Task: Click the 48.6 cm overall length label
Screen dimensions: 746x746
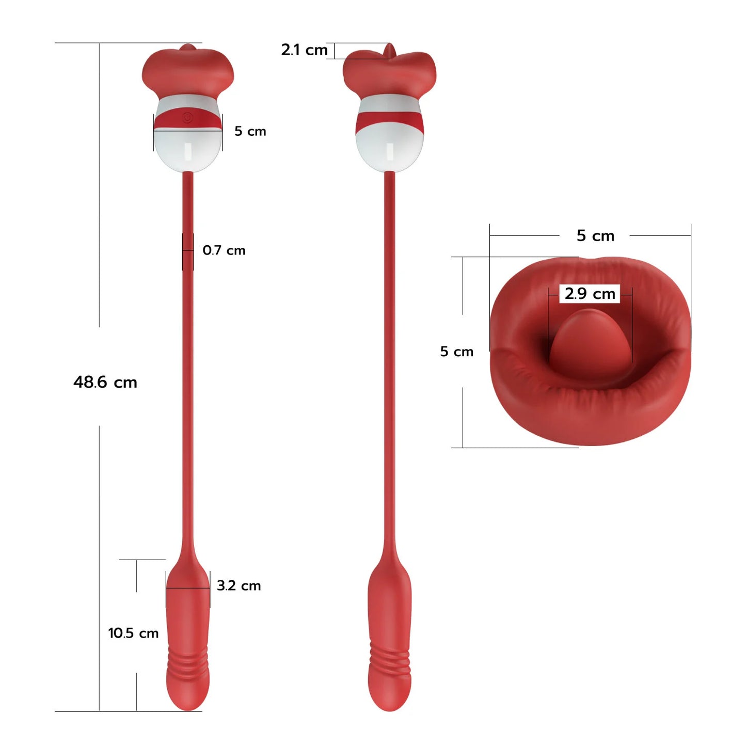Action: [105, 383]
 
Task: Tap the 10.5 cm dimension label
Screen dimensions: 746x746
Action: [133, 633]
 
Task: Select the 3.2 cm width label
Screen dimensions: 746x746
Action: [239, 585]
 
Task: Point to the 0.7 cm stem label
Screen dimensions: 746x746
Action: [224, 250]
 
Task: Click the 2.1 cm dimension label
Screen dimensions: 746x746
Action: [304, 50]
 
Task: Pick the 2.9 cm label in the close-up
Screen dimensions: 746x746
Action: [590, 294]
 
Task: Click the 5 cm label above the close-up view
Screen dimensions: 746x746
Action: [595, 235]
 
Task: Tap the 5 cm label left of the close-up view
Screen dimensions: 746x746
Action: [457, 352]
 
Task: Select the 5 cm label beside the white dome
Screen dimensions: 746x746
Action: [250, 131]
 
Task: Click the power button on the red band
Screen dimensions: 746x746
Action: [187, 116]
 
